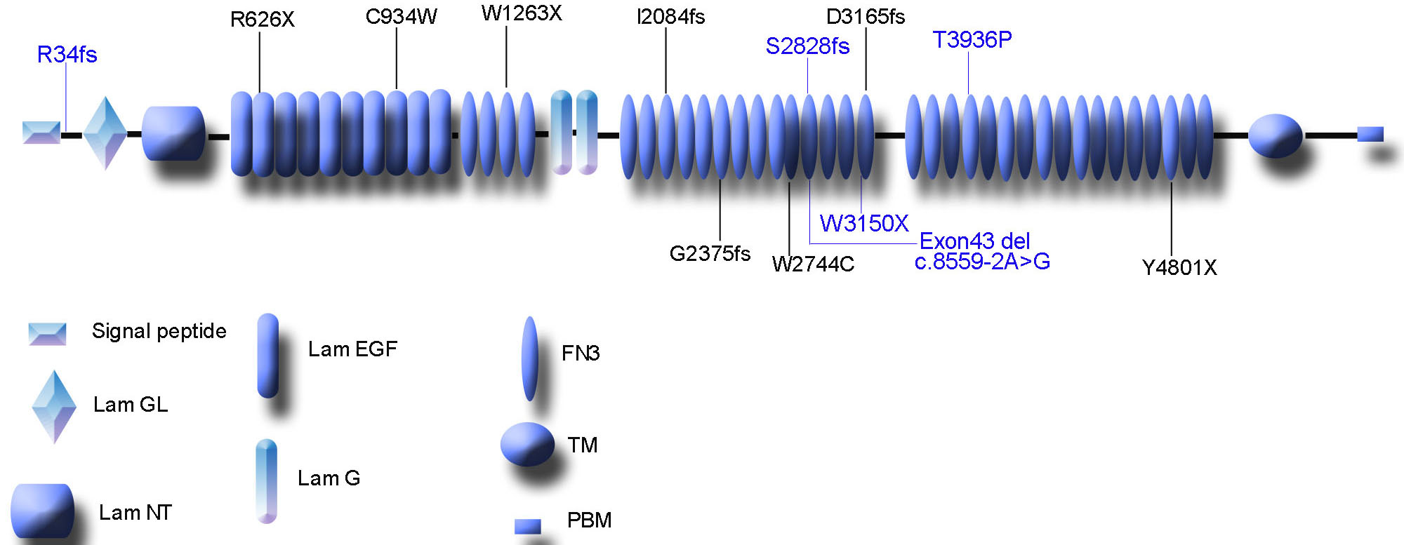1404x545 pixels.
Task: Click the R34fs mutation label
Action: coord(67,55)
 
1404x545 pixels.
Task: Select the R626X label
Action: coord(262,20)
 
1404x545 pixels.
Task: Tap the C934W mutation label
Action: coord(401,17)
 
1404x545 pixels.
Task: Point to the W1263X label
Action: coord(522,13)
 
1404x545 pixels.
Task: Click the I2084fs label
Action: coord(670,17)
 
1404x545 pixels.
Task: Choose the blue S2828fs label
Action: coord(807,46)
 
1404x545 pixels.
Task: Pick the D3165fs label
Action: coord(866,17)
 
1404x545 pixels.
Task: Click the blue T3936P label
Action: coord(972,40)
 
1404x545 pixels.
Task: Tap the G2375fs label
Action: coord(710,253)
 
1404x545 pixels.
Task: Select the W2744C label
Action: coord(813,264)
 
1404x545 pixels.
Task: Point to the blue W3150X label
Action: coord(864,224)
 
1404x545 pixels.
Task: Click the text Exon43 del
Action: coord(974,241)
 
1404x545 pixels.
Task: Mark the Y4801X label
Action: coord(1179,267)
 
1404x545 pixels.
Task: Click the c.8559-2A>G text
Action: coord(982,262)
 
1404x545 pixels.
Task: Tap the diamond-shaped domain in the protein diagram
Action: coord(105,133)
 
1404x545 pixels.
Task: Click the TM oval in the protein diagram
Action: coord(1275,135)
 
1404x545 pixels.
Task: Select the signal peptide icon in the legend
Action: coord(47,334)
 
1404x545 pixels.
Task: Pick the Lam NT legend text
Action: coord(135,513)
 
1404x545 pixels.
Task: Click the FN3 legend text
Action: coord(580,353)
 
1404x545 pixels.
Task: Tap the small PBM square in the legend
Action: coord(528,526)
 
